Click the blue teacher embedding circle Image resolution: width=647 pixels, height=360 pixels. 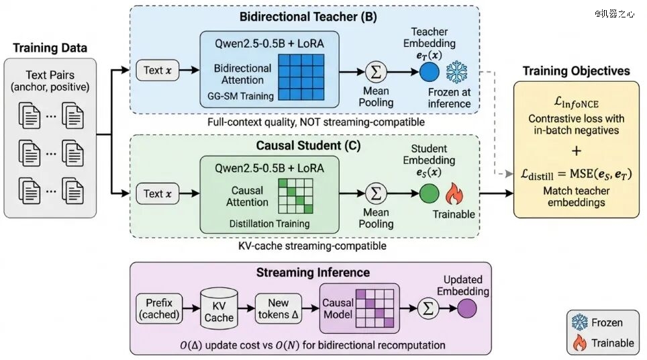[x=430, y=71]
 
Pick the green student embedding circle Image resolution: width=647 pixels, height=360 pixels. [x=430, y=195]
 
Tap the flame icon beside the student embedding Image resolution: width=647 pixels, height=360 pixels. [x=456, y=195]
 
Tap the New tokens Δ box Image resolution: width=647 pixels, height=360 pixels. [x=278, y=308]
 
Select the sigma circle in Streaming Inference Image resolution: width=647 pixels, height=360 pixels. [x=426, y=309]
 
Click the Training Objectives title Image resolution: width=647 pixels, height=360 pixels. [x=576, y=71]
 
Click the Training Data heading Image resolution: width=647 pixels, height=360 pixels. [x=50, y=48]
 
